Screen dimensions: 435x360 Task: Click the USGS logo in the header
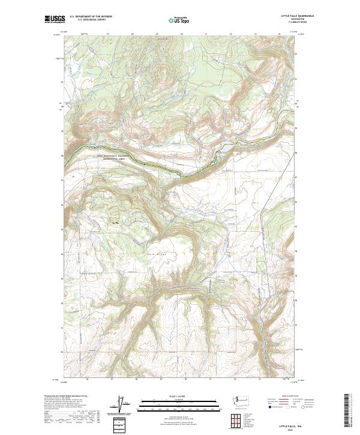55,20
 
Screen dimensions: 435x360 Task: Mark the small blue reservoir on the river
228,146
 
